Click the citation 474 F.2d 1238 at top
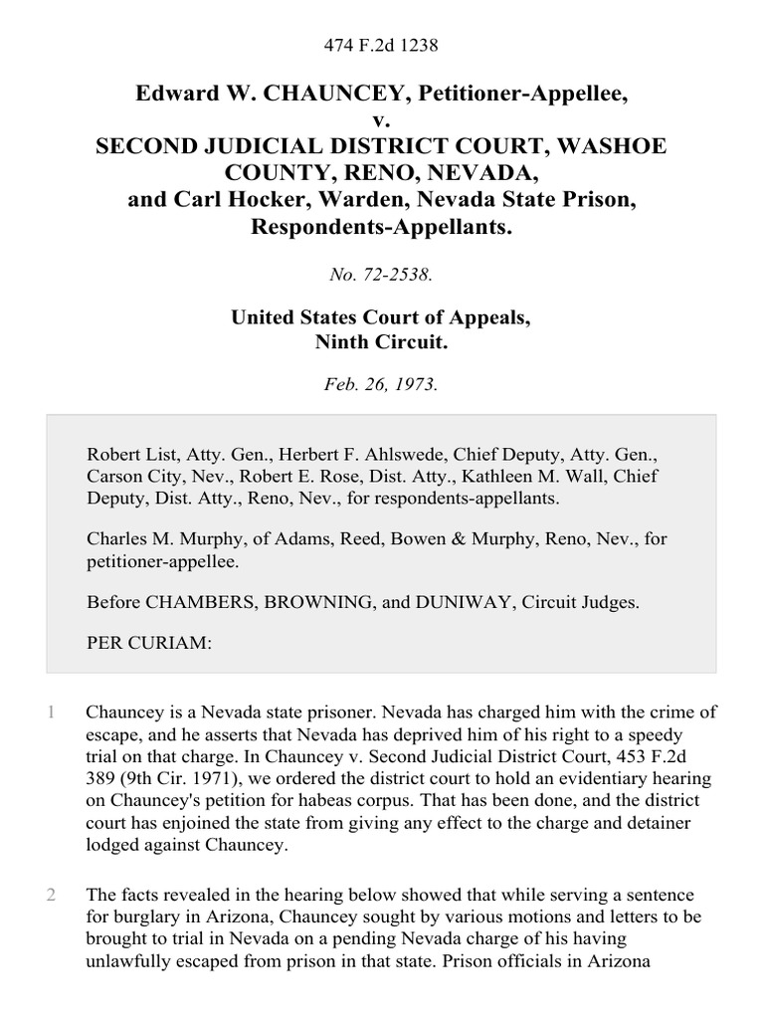pyautogui.click(x=382, y=46)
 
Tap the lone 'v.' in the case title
pyautogui.click(x=382, y=121)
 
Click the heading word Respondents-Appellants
pyautogui.click(x=382, y=225)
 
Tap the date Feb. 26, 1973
pyautogui.click(x=382, y=384)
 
